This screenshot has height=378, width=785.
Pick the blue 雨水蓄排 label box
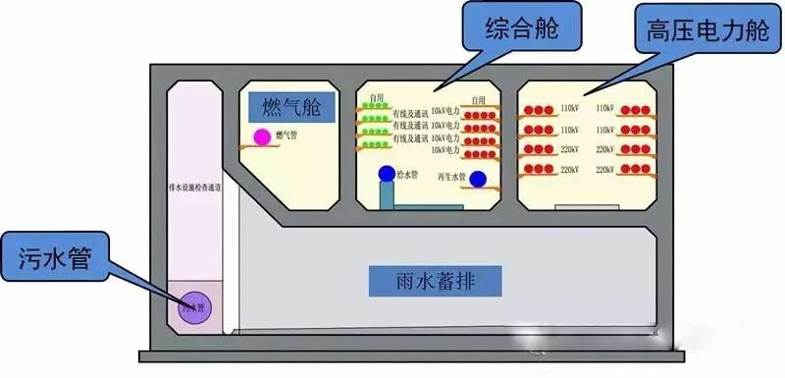(436, 281)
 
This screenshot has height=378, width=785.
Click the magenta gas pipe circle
(262, 137)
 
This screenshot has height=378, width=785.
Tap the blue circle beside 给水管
(388, 174)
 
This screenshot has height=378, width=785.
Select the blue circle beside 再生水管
(478, 180)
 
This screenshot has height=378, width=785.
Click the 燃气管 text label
(287, 135)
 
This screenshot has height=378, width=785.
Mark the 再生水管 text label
(451, 177)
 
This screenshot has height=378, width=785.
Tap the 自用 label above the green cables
(378, 98)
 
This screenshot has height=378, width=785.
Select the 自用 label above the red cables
(478, 100)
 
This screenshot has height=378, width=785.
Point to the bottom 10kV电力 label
(445, 151)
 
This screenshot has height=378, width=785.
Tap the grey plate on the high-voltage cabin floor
(574, 207)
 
